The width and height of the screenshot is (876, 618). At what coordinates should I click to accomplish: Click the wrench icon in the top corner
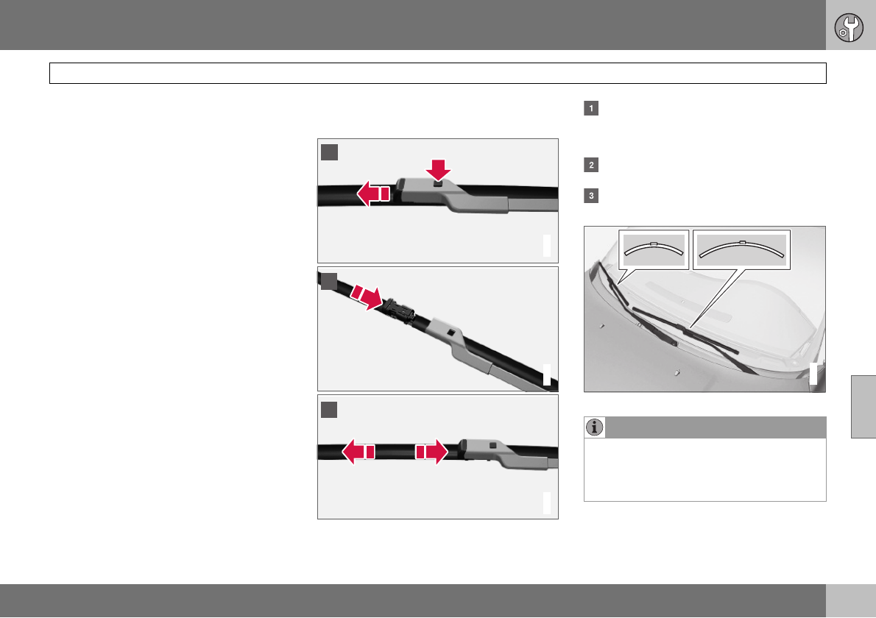(849, 28)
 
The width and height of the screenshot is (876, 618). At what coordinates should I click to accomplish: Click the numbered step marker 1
(591, 108)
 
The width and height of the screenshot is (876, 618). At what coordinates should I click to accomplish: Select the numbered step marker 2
(591, 166)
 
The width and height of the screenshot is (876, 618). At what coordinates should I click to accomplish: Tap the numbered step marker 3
(591, 196)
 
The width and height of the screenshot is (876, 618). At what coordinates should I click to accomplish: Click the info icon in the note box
(595, 427)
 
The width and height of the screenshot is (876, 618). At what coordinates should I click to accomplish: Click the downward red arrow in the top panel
(438, 170)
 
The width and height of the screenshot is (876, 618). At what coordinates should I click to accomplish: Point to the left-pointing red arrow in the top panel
(373, 193)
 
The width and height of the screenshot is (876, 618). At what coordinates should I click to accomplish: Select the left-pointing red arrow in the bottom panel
(358, 452)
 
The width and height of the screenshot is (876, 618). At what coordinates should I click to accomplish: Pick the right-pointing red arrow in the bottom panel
(432, 452)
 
